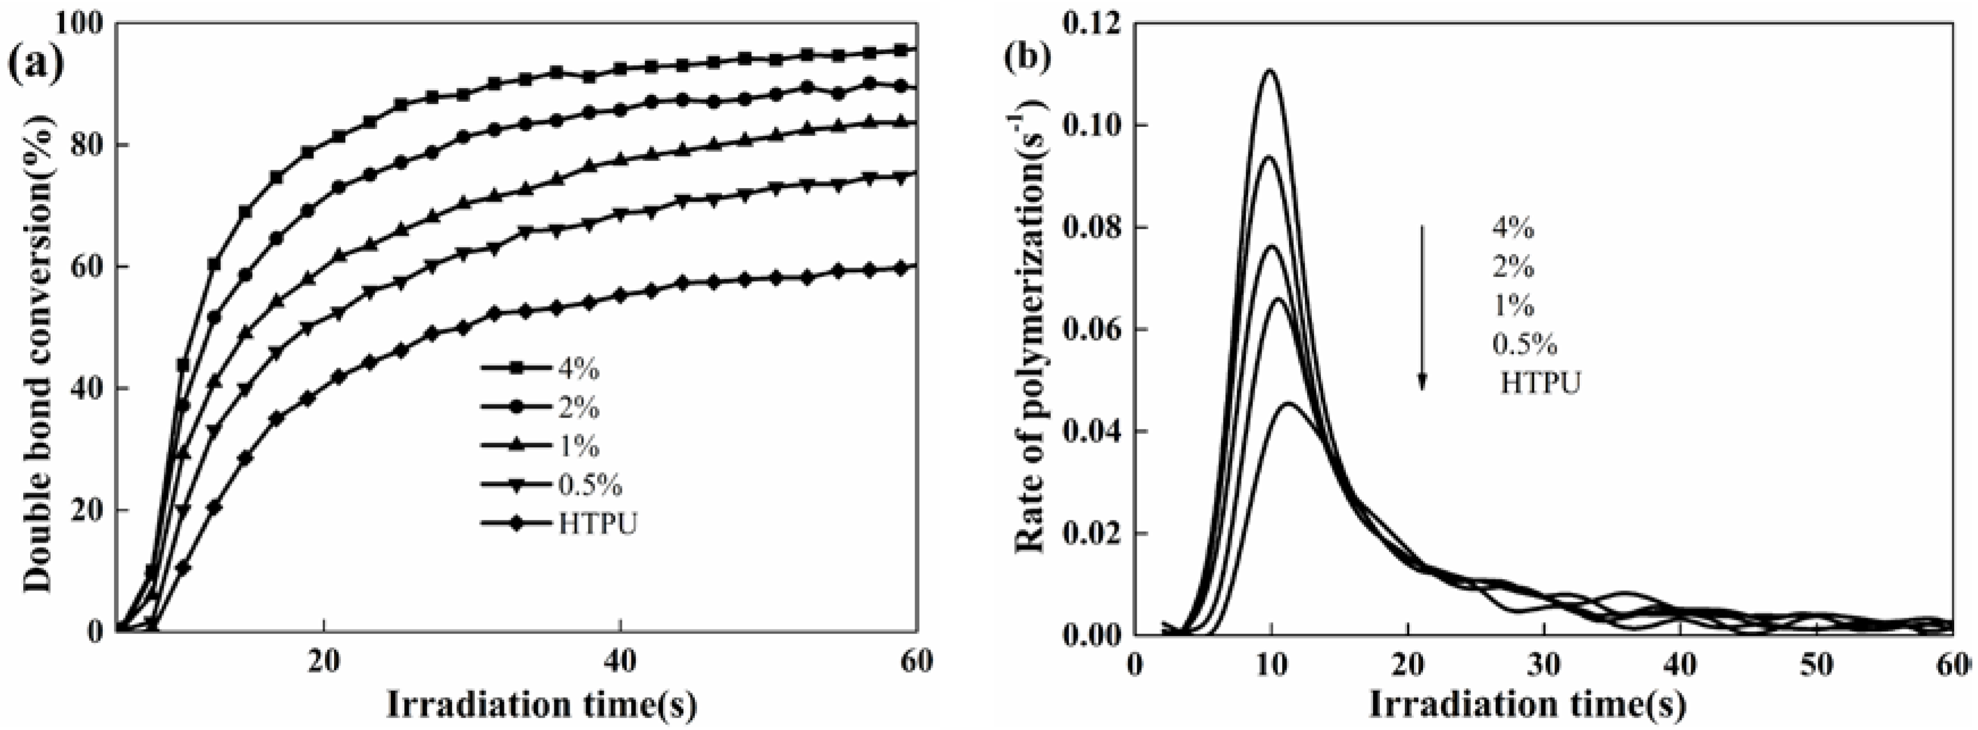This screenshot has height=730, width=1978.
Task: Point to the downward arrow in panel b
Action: point(1421,307)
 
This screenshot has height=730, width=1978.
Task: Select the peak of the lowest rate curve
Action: point(1288,404)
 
